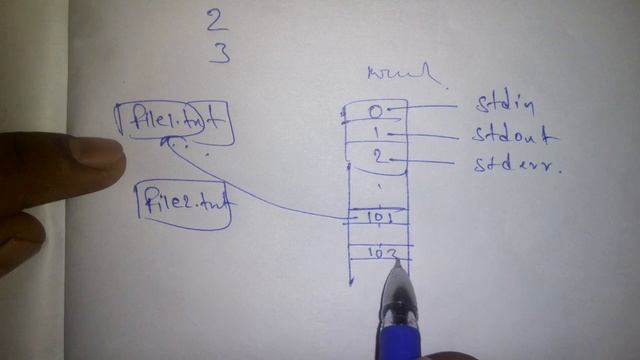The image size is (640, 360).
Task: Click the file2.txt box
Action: [x=183, y=203]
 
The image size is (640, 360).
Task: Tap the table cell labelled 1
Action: [x=376, y=133]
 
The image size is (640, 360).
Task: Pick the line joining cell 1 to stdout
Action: [x=430, y=134]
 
